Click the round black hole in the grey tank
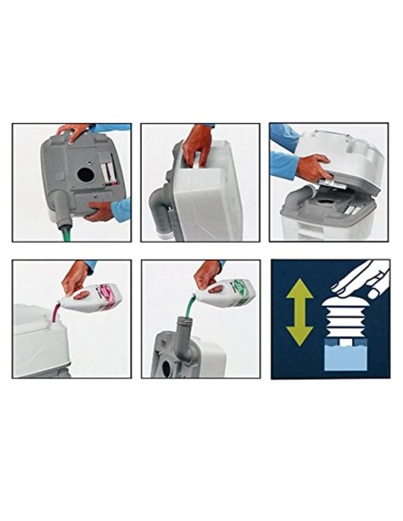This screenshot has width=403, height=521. coord(86,176)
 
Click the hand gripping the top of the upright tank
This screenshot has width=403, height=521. coord(197,143)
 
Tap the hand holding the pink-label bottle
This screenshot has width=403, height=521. coord(76,277)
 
